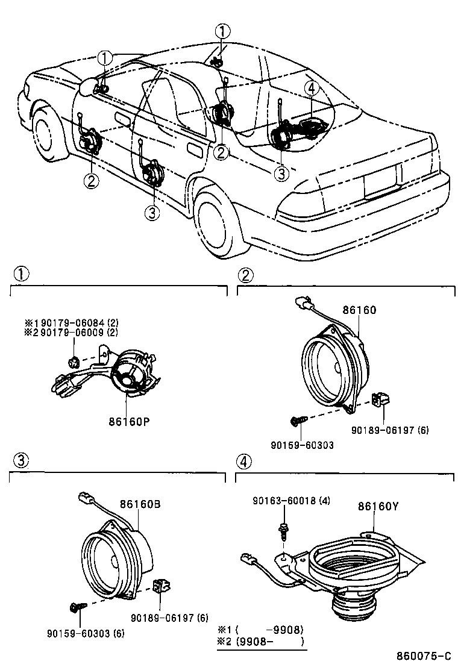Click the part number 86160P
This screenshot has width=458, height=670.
[x=130, y=421]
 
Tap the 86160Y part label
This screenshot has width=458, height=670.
[x=378, y=506]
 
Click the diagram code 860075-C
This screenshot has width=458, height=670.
[x=424, y=656]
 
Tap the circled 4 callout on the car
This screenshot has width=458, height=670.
[x=311, y=89]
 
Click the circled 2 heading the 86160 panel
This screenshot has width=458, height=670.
[x=246, y=275]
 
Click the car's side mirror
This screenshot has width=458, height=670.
[x=88, y=86]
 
